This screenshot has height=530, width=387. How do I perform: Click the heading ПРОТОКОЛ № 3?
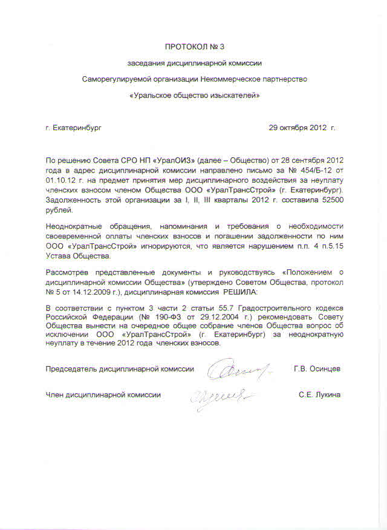[x=193, y=47]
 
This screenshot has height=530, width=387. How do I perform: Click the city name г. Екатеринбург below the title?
[x=74, y=128]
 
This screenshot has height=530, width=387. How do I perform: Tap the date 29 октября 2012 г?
[x=301, y=128]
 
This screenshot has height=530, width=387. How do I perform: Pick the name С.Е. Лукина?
[x=319, y=394]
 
